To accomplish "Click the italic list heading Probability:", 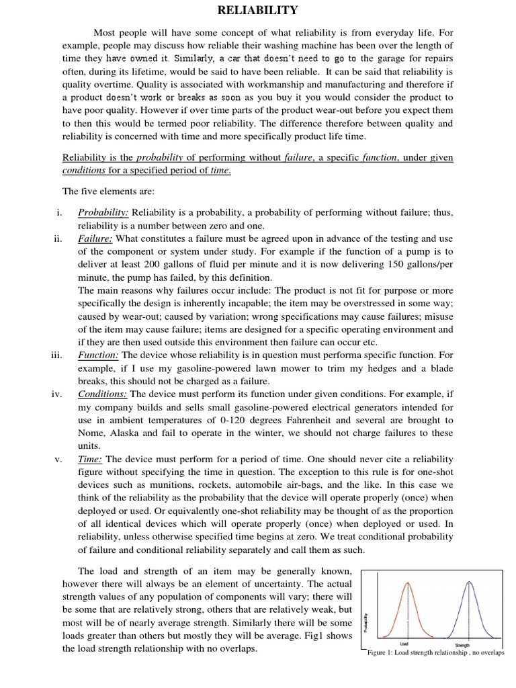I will tap(103, 213).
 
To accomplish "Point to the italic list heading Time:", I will tap(90, 459).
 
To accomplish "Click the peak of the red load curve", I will tap(406, 582).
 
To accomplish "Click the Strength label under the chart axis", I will tap(462, 645).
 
